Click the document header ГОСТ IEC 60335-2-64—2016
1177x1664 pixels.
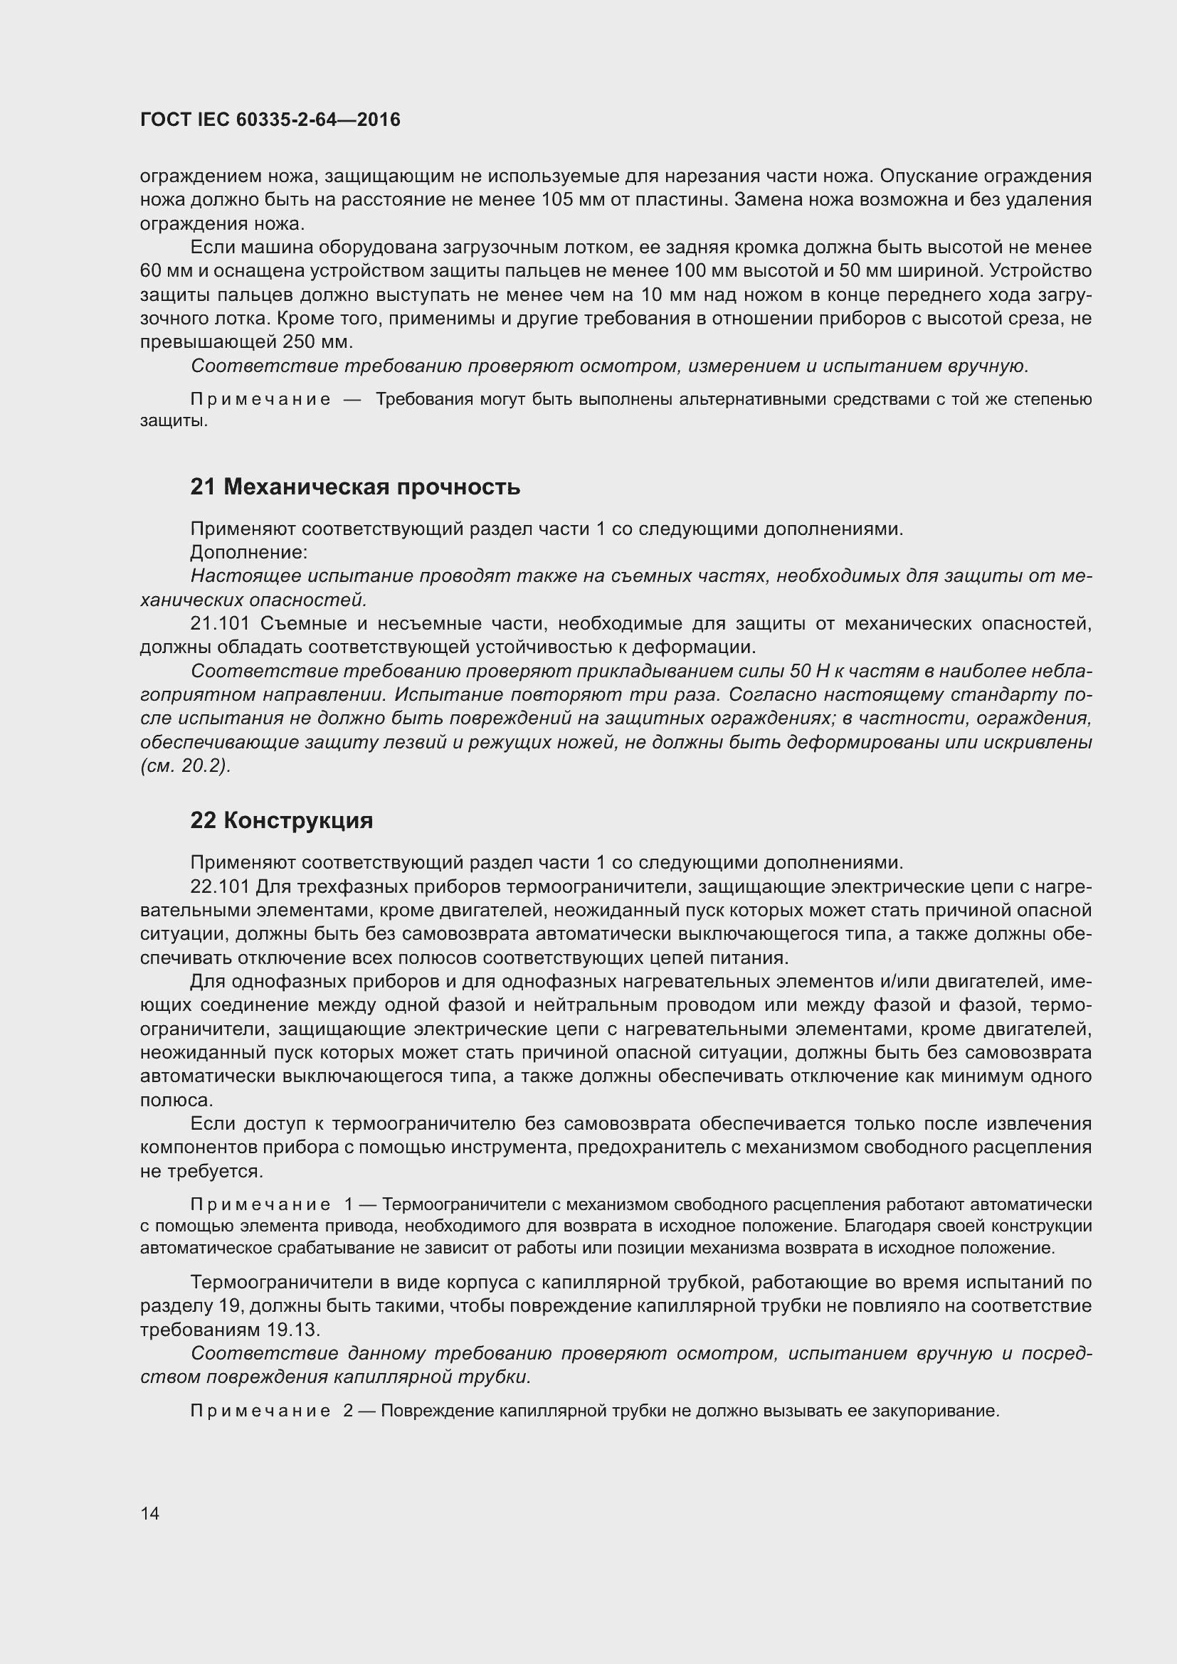click(270, 120)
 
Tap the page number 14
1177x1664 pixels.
click(150, 1513)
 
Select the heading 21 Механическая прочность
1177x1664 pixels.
click(355, 487)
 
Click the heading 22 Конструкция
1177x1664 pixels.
click(281, 820)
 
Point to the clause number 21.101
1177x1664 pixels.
click(220, 623)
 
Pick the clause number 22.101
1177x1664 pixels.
click(220, 886)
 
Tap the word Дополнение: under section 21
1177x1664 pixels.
click(248, 552)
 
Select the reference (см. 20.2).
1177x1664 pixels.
click(186, 766)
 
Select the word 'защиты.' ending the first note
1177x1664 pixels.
click(174, 420)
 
